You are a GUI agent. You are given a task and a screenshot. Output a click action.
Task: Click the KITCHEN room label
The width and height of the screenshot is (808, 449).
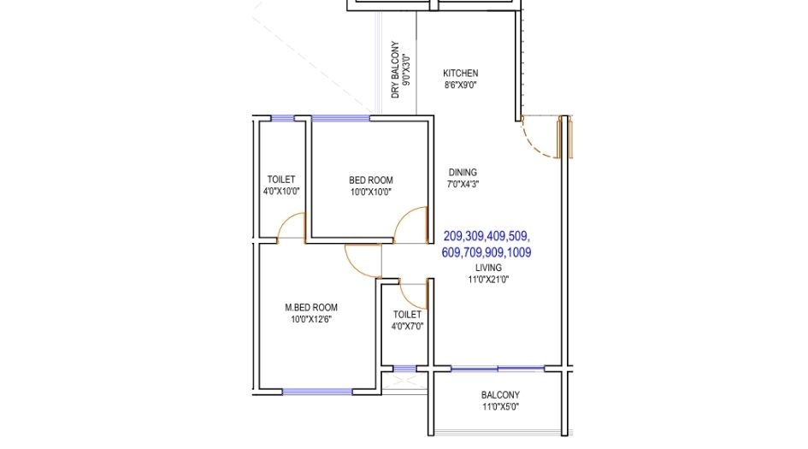[x=461, y=74]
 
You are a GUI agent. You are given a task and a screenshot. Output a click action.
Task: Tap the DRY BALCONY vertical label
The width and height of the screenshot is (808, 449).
[x=395, y=69]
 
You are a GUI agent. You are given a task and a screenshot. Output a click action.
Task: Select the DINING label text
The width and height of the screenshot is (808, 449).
[x=463, y=172]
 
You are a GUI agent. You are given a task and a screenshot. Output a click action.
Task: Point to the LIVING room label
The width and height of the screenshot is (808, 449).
[x=488, y=268]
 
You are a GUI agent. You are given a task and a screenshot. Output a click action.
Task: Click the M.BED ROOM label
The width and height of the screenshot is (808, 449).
[x=311, y=307]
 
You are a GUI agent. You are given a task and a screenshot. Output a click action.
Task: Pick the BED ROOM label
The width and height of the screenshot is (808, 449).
[x=371, y=180]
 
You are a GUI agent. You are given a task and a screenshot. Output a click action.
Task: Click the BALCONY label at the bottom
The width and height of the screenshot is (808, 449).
[x=500, y=395]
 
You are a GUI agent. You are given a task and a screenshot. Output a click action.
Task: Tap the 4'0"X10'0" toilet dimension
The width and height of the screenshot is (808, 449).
[x=281, y=192]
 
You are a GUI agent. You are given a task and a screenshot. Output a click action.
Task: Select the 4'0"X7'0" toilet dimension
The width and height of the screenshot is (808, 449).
[x=407, y=326]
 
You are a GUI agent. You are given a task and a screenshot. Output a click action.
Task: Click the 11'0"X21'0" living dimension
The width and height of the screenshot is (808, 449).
[x=488, y=280]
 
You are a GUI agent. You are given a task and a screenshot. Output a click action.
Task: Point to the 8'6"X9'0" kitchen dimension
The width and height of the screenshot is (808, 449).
[x=461, y=85]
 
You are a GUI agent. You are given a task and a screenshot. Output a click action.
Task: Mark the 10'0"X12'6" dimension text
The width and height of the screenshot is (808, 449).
[x=311, y=319]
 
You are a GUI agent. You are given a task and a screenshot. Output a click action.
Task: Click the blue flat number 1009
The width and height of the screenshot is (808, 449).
[x=520, y=252]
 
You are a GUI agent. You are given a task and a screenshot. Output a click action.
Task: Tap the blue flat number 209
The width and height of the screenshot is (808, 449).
[x=453, y=236]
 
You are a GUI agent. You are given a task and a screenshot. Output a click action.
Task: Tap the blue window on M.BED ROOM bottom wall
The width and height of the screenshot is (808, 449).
[x=317, y=392]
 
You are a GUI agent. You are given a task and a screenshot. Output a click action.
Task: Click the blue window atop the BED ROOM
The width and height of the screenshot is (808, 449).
[x=340, y=118]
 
